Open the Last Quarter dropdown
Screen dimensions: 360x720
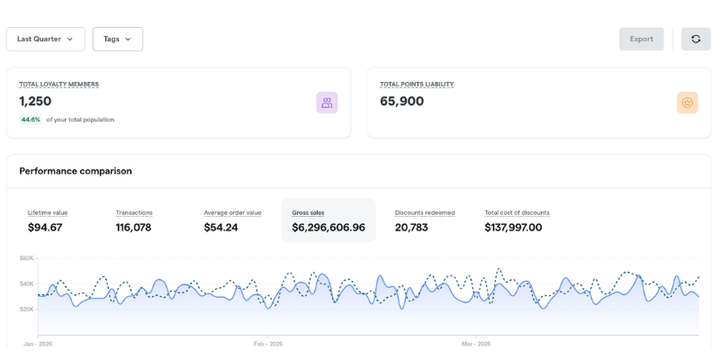tap(45, 39)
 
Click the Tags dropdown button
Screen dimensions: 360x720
tap(117, 39)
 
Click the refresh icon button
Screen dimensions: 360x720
tap(696, 39)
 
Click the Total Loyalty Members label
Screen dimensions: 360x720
tap(58, 85)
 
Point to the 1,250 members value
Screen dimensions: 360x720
tap(35, 102)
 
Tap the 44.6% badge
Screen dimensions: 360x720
tap(31, 120)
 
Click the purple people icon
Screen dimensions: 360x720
tap(327, 103)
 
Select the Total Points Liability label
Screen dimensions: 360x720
tap(417, 85)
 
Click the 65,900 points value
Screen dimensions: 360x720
tap(401, 102)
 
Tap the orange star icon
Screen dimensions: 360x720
tap(688, 103)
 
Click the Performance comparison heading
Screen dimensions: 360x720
tap(76, 171)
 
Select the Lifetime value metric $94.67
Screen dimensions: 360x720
tap(45, 228)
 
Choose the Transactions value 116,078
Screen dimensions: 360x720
tap(133, 228)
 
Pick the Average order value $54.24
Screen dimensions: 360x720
tap(221, 228)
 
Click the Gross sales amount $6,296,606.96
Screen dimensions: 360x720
tap(328, 228)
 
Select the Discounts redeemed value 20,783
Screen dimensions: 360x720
tap(411, 228)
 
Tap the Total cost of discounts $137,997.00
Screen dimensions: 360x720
tap(513, 228)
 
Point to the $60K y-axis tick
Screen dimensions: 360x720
tap(27, 258)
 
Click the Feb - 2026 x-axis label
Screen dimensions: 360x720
tap(268, 344)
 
